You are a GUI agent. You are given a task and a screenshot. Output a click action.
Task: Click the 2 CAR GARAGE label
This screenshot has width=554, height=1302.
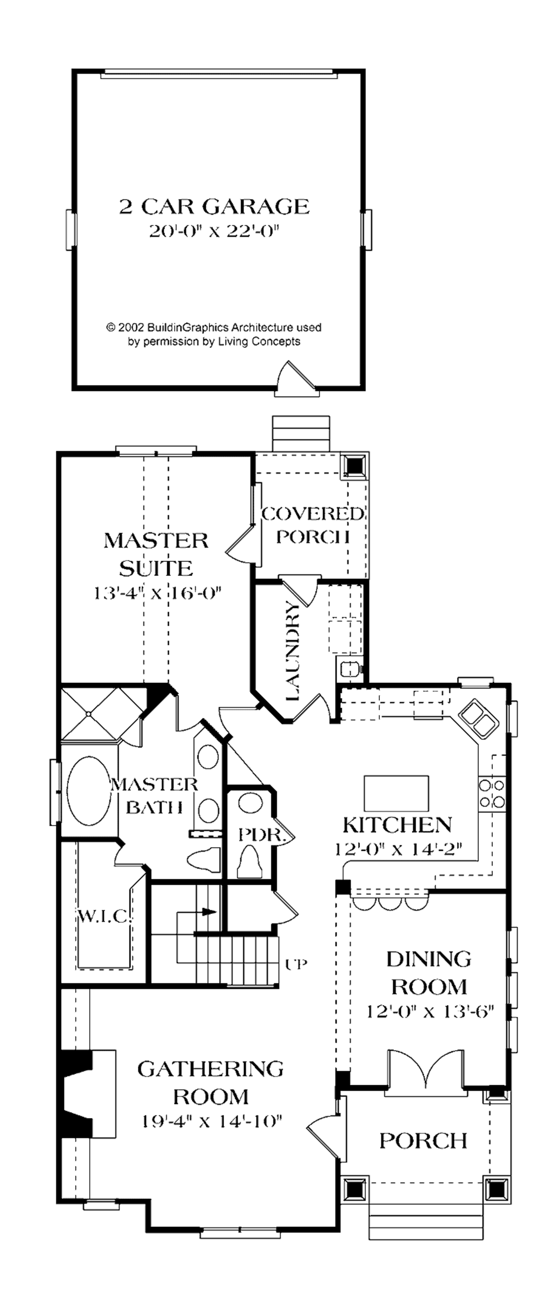[214, 207]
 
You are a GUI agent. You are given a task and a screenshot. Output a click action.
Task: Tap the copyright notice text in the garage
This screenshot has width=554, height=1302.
[214, 334]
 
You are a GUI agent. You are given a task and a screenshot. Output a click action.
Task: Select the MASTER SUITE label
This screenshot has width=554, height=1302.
[156, 554]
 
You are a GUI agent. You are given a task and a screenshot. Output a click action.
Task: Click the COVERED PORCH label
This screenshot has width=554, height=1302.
[312, 524]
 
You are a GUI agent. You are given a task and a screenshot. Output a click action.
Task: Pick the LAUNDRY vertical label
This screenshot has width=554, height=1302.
[292, 652]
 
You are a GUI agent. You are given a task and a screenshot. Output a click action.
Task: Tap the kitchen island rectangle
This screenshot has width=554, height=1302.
[396, 792]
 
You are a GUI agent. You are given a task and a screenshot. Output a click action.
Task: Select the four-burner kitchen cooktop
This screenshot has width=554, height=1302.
[491, 793]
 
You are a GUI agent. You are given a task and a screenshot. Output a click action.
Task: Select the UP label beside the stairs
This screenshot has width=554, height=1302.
[296, 964]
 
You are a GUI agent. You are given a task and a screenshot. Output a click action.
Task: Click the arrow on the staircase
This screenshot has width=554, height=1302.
[208, 912]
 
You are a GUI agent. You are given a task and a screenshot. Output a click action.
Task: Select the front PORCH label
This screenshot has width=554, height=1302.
[423, 1141]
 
